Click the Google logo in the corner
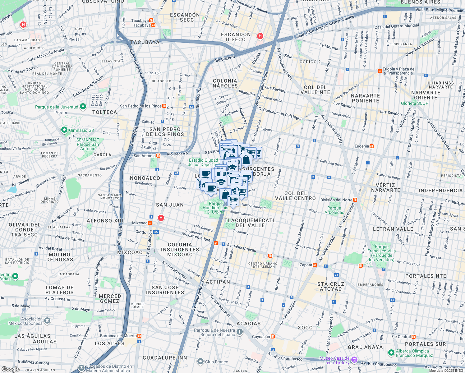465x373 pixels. [10, 369]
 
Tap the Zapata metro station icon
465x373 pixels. [315, 265]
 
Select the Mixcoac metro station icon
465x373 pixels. [150, 223]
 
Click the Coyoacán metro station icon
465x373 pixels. [273, 337]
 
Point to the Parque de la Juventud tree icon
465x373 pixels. [83, 107]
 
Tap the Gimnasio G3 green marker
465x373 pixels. [64, 130]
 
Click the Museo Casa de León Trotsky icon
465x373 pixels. [354, 360]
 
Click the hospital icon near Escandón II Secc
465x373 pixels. [260, 36]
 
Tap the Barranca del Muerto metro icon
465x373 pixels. [140, 336]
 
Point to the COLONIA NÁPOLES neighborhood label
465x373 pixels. [225, 83]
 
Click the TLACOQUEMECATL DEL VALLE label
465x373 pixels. [250, 223]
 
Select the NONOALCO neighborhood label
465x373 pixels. [145, 178]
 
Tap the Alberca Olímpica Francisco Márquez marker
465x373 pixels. [391, 353]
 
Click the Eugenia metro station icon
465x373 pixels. [371, 146]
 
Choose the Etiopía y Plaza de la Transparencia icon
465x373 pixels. [380, 71]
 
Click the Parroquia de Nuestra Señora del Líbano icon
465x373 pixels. [239, 332]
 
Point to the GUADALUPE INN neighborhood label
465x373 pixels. [165, 358]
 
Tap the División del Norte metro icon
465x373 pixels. [355, 200]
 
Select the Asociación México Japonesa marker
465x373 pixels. [47, 320]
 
